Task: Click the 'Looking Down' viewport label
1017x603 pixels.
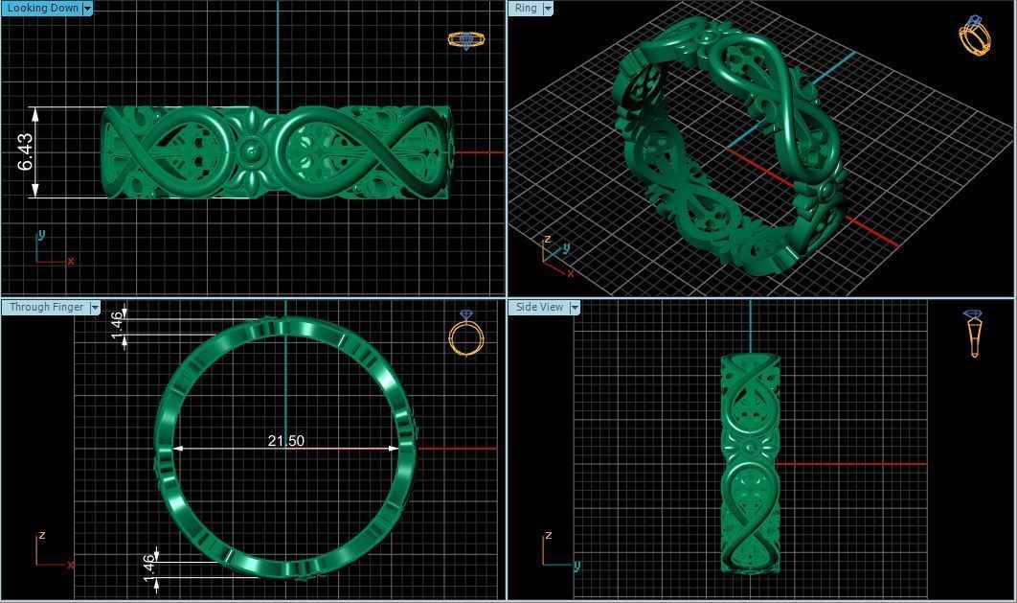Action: pos(42,8)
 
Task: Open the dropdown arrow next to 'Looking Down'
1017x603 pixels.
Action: pos(87,8)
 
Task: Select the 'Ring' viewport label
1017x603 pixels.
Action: pos(526,8)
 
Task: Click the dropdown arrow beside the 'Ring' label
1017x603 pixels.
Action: pos(548,8)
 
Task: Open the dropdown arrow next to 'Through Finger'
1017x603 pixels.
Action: pos(95,307)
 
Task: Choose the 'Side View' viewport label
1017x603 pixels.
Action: pos(539,307)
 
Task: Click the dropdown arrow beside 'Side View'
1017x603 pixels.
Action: pos(575,307)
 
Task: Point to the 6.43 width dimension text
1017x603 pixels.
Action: pos(25,151)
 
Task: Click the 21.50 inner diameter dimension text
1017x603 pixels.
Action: pos(285,441)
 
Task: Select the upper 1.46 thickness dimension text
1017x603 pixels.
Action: pos(117,323)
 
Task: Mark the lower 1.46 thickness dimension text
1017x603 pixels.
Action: pos(148,566)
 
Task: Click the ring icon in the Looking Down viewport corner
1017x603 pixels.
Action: pos(465,40)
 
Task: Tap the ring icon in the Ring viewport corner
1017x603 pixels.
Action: pos(974,35)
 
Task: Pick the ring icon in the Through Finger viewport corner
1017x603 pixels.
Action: pos(466,334)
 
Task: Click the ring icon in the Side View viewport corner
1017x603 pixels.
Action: pos(974,333)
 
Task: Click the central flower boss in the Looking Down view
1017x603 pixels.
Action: pos(252,151)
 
